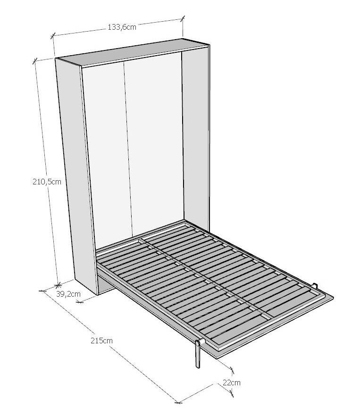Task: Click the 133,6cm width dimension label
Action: tap(122, 27)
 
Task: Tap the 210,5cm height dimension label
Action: tap(47, 182)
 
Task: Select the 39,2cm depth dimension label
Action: tap(68, 294)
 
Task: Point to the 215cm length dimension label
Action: tap(101, 341)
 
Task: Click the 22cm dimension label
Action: tap(232, 383)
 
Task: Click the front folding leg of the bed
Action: tap(198, 354)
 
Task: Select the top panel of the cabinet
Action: tap(133, 52)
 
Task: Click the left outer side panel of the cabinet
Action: tap(75, 175)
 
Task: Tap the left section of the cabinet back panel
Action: tap(108, 157)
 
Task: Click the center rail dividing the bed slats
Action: tap(205, 279)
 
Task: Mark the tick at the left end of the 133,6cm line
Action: tap(53, 35)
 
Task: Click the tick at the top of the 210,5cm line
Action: tap(34, 61)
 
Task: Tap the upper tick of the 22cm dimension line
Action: tap(232, 370)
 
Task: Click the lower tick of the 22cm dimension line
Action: tap(232, 393)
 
